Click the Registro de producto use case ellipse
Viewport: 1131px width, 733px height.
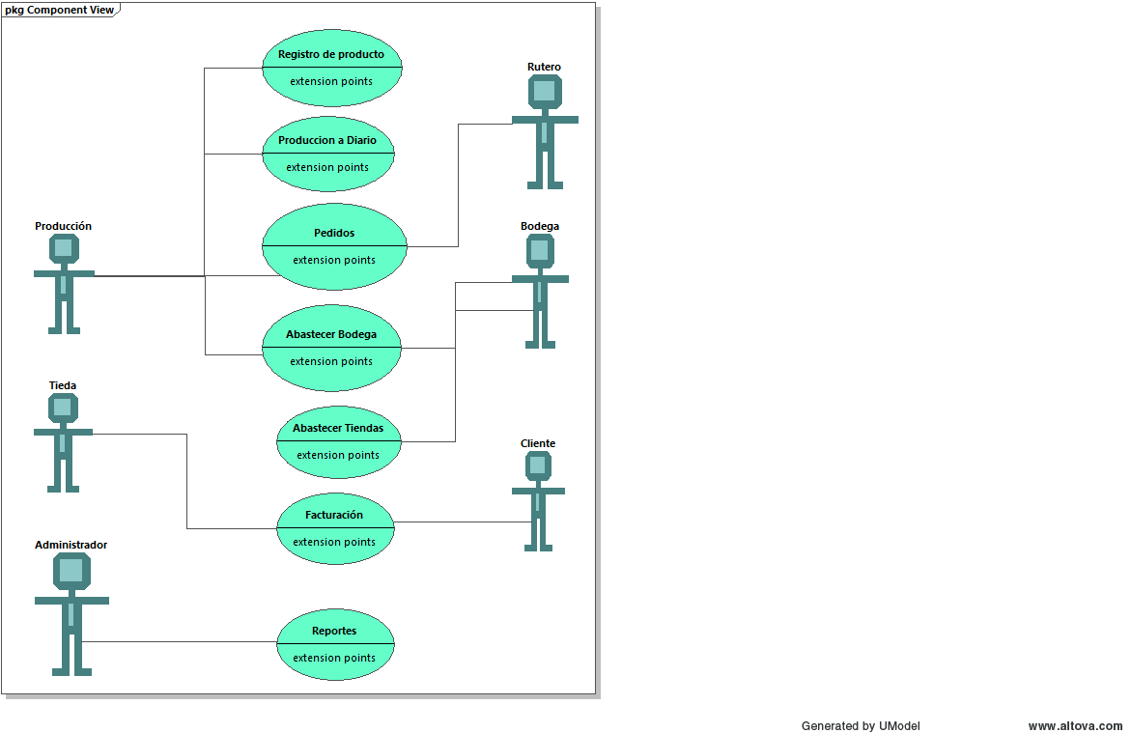(x=331, y=68)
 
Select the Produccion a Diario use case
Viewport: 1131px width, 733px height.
(x=328, y=154)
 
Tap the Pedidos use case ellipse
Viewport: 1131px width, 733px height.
(x=334, y=246)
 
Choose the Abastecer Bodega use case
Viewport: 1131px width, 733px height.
(x=331, y=348)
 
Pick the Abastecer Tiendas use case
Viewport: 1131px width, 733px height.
(x=338, y=441)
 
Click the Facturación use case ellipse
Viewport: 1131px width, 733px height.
(x=335, y=528)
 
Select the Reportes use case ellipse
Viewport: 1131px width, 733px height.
(x=335, y=644)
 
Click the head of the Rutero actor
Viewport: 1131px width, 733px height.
(x=545, y=92)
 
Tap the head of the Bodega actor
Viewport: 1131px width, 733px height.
(x=541, y=251)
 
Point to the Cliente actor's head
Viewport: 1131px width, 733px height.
(x=538, y=465)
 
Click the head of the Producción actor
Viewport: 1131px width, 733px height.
(x=64, y=249)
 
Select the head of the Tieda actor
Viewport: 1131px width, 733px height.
(x=63, y=409)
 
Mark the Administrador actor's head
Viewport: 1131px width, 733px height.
(x=71, y=571)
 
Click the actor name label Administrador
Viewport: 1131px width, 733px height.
(x=71, y=545)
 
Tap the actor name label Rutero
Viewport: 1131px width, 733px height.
(x=544, y=67)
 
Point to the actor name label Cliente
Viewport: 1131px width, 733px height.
(x=538, y=443)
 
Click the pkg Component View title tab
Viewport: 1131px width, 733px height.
(x=59, y=10)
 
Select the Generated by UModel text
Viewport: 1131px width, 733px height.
(x=860, y=726)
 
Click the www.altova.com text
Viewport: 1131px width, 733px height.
(x=1075, y=726)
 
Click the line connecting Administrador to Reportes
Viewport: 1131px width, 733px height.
(x=184, y=642)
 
